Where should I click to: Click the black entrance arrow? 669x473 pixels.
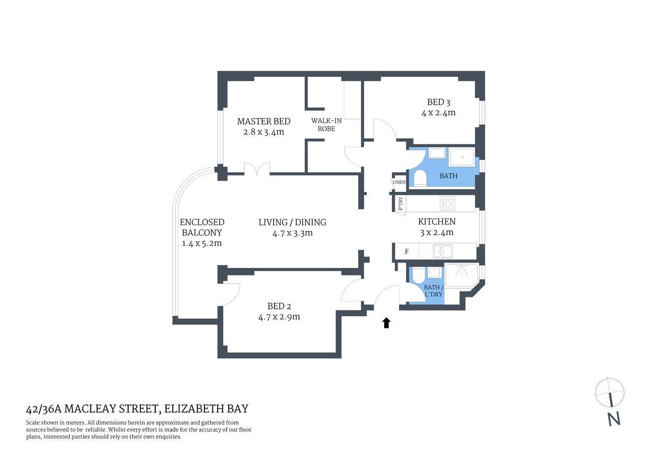pyautogui.click(x=386, y=323)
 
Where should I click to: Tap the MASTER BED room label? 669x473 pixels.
pyautogui.click(x=264, y=121)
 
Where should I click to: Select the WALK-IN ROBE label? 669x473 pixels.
pyautogui.click(x=326, y=125)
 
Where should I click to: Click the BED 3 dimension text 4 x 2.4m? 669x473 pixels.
pyautogui.click(x=438, y=113)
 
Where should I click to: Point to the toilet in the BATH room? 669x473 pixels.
pyautogui.click(x=420, y=178)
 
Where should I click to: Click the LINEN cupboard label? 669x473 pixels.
pyautogui.click(x=399, y=182)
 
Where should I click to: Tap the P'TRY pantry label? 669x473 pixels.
pyautogui.click(x=401, y=203)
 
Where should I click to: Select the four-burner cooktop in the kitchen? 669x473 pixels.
pyautogui.click(x=447, y=203)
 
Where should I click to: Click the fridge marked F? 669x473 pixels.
pyautogui.click(x=406, y=251)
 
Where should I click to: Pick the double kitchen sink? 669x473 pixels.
pyautogui.click(x=442, y=251)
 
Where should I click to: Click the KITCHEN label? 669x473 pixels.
pyautogui.click(x=436, y=222)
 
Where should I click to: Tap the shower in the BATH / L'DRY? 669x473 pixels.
pyautogui.click(x=462, y=276)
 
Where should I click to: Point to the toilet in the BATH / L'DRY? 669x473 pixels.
pyautogui.click(x=418, y=275)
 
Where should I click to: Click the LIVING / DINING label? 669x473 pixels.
pyautogui.click(x=292, y=222)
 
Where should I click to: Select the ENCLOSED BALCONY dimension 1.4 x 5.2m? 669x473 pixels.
pyautogui.click(x=201, y=243)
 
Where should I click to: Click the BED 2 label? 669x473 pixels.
pyautogui.click(x=279, y=306)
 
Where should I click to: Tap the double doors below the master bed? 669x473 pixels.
pyautogui.click(x=257, y=169)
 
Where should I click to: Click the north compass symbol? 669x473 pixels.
pyautogui.click(x=610, y=393)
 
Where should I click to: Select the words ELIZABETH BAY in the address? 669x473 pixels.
pyautogui.click(x=206, y=409)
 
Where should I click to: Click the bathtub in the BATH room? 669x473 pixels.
pyautogui.click(x=462, y=157)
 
